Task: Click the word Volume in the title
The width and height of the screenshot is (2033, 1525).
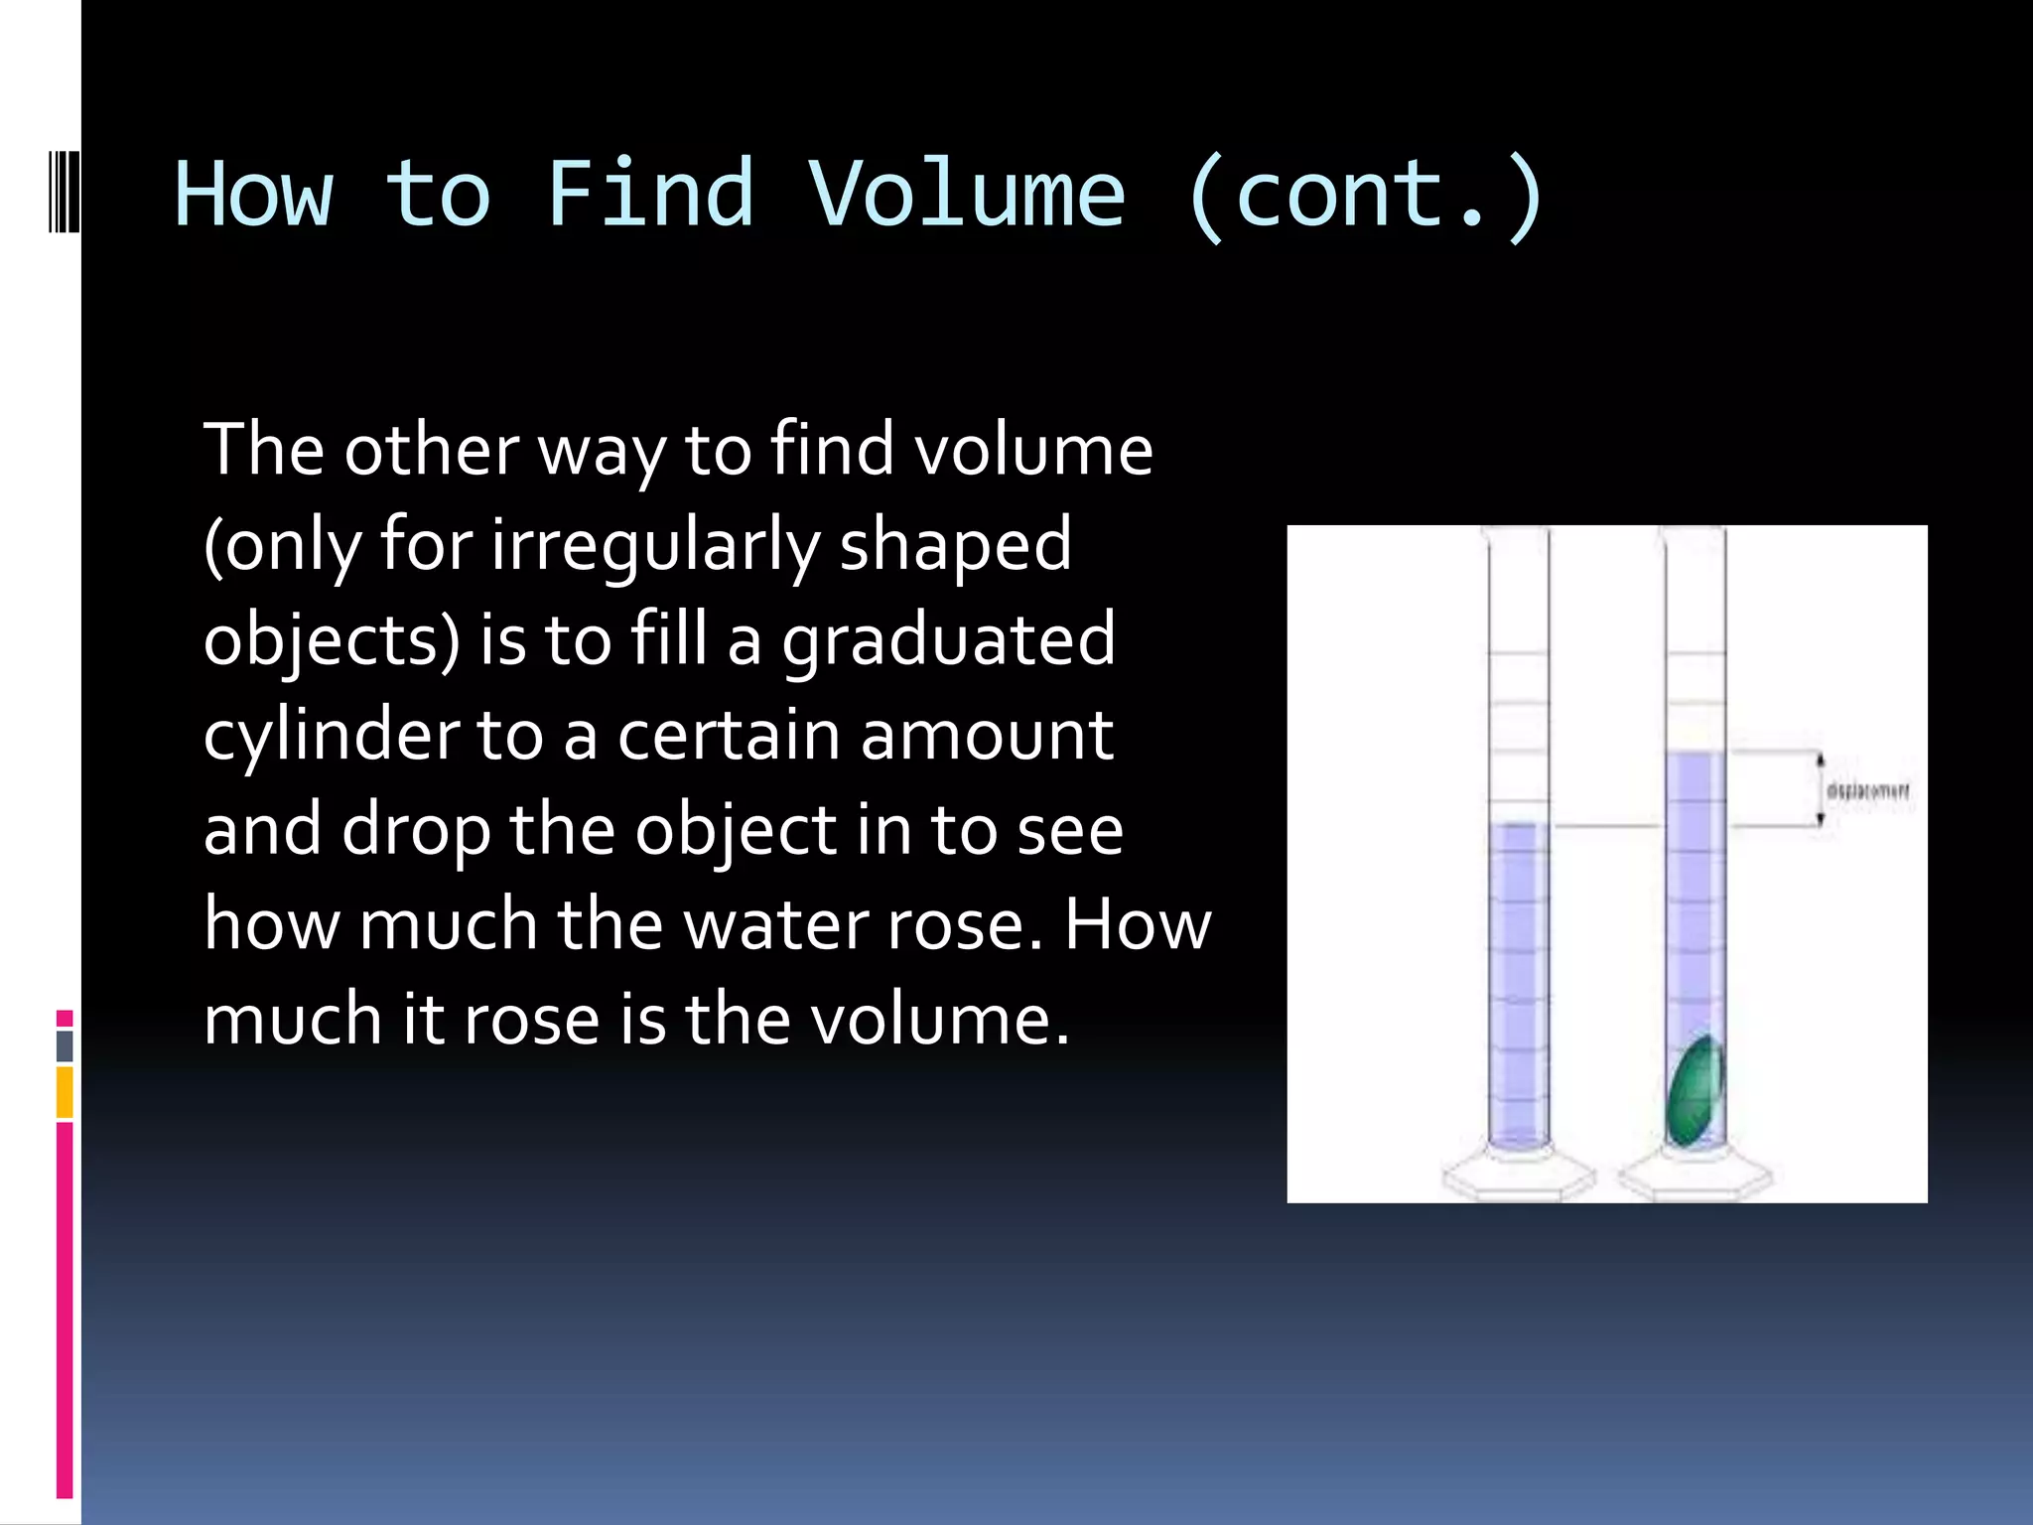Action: point(967,195)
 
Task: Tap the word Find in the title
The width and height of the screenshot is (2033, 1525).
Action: point(650,195)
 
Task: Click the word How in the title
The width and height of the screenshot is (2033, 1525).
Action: point(254,195)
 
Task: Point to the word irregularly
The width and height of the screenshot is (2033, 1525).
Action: point(655,545)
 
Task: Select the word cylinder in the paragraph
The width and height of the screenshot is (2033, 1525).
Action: point(331,736)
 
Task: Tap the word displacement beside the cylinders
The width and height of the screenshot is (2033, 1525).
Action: point(1867,791)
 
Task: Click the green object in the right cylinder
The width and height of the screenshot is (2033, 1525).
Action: point(1694,1090)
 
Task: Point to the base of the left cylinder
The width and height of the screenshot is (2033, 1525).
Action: point(1518,1177)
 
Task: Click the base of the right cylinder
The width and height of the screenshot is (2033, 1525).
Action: point(1694,1177)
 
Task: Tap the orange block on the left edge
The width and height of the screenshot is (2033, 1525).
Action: point(65,1092)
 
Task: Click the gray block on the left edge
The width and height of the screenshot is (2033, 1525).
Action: point(65,1045)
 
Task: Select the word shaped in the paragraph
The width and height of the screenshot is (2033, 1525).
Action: point(955,545)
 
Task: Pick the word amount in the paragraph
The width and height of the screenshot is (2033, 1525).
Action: point(987,736)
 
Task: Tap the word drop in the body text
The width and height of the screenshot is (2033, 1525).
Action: point(416,831)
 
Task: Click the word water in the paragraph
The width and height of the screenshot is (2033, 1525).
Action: point(776,925)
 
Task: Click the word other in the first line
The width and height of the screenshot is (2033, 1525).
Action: point(431,450)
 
